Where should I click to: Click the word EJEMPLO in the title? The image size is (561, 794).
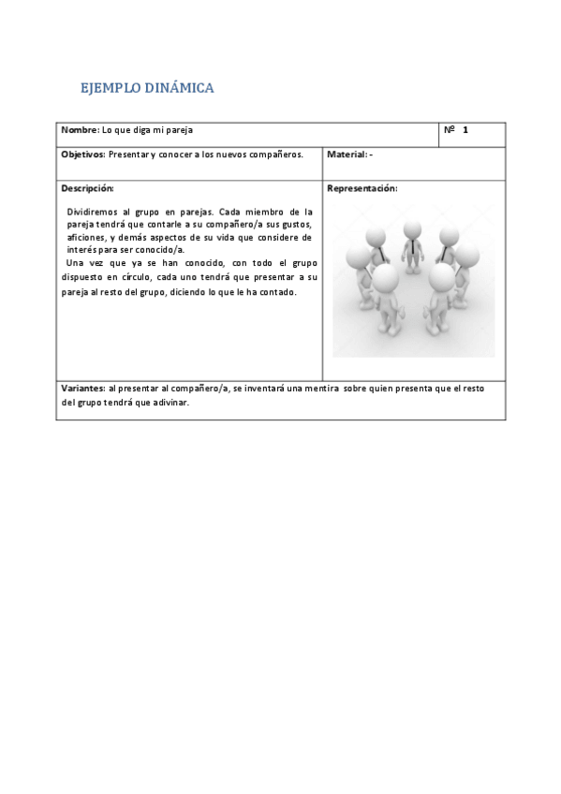coord(111,89)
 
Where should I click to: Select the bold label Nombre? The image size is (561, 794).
coord(80,130)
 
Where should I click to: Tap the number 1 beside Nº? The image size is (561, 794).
coord(465,130)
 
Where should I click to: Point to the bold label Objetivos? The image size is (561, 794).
coord(84,154)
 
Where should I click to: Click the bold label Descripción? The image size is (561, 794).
coord(87,188)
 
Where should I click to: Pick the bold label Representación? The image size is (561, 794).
coord(362,188)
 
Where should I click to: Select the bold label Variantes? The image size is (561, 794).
coord(83,388)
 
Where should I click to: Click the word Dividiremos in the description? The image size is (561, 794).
coord(95,213)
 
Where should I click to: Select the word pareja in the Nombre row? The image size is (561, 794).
coord(178,130)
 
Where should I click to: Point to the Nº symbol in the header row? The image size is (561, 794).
coord(449,130)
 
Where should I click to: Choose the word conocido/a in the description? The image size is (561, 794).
coord(162,250)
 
